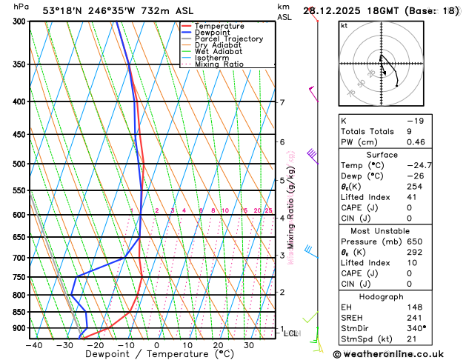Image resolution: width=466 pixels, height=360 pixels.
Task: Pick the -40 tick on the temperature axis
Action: (34, 344)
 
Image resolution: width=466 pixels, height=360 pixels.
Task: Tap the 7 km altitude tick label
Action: (282, 102)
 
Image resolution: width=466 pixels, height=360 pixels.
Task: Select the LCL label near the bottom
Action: (290, 333)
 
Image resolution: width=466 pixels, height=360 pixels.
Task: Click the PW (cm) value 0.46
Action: (435, 141)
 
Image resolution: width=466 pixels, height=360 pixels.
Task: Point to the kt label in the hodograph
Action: (344, 25)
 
